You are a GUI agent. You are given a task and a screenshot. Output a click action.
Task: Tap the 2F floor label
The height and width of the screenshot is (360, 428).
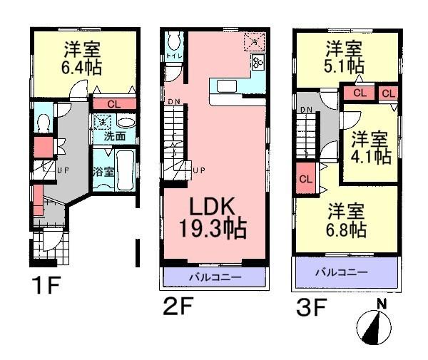(178, 308)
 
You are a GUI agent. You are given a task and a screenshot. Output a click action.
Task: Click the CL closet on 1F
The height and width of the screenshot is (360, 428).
(113, 104)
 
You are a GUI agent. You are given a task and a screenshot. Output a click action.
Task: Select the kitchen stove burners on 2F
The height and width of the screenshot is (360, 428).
(258, 63)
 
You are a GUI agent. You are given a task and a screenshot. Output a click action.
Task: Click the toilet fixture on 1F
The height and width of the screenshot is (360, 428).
(44, 123)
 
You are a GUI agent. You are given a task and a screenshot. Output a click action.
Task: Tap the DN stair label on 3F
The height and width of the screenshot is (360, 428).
(306, 109)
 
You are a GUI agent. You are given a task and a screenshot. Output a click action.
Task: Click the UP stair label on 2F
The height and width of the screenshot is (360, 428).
(199, 170)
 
